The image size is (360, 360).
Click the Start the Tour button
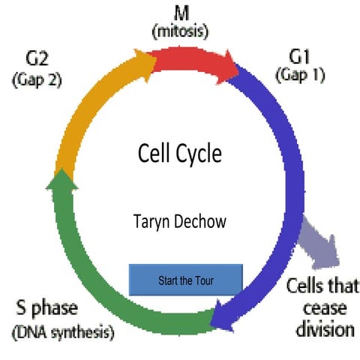[x=186, y=280]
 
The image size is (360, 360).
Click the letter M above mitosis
[x=179, y=13]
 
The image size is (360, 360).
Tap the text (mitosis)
[x=179, y=31]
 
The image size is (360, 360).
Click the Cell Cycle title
[x=180, y=154]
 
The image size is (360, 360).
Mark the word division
[x=322, y=328]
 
